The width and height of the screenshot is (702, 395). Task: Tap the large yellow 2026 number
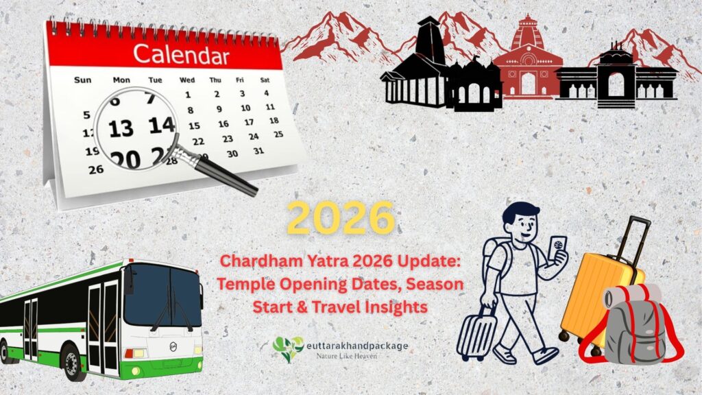coord(341,219)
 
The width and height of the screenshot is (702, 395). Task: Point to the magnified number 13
coord(121,128)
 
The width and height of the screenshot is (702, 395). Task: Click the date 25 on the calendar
coord(278,134)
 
